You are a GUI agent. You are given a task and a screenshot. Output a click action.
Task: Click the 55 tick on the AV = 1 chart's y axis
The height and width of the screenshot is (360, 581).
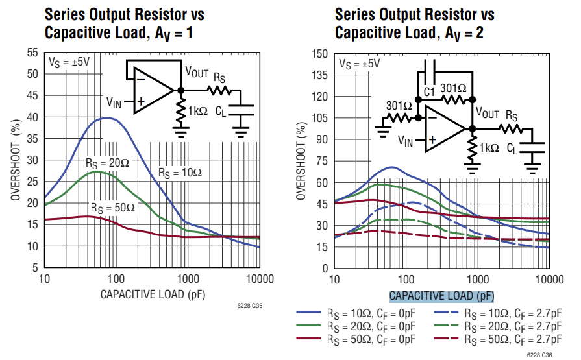point(31,53)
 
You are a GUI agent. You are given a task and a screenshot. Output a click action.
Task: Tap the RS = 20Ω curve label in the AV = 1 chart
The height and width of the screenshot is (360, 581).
point(107,162)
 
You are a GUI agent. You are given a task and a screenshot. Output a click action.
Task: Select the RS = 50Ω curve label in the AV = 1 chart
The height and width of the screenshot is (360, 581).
point(112,208)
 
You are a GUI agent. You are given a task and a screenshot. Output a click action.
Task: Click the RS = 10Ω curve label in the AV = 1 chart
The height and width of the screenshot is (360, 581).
point(180,173)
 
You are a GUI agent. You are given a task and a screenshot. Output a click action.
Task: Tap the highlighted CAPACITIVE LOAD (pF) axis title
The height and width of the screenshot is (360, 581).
point(441,296)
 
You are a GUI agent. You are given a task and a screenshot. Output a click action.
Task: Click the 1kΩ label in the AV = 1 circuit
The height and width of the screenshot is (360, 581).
point(197,111)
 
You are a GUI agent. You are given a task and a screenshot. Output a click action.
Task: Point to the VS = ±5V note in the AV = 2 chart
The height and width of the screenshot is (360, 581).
point(359,64)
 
